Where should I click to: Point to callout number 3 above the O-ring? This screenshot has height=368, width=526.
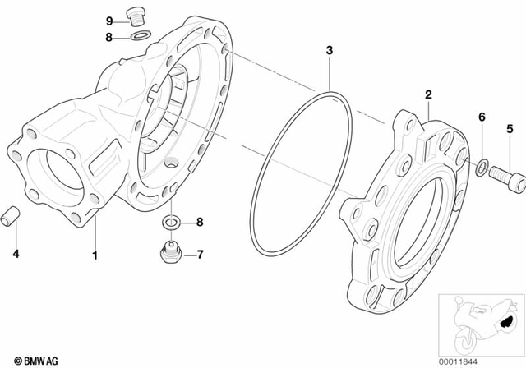click(x=329, y=51)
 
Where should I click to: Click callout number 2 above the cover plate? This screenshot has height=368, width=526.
click(x=428, y=97)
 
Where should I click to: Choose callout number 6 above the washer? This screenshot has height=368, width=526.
click(x=482, y=118)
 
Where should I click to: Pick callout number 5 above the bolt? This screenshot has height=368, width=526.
click(x=510, y=128)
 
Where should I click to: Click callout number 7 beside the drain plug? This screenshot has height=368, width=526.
click(x=198, y=253)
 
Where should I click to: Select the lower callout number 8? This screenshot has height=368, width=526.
click(x=198, y=222)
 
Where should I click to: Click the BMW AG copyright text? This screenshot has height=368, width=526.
click(x=25, y=359)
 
